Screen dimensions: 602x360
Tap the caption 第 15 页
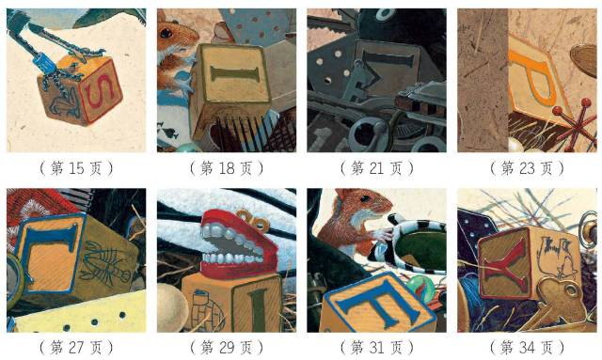(76, 168)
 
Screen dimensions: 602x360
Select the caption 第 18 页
(227, 168)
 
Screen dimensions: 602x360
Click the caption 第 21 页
(376, 168)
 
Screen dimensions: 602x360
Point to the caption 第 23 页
(527, 168)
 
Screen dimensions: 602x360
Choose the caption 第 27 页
(76, 348)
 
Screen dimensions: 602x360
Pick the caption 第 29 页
(227, 348)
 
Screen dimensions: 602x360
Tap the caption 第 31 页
(376, 348)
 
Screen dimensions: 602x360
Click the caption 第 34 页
(527, 348)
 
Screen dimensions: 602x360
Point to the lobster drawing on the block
(105, 264)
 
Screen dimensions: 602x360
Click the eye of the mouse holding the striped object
(364, 198)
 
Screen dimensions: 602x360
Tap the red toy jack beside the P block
(573, 125)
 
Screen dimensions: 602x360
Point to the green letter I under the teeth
(259, 310)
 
